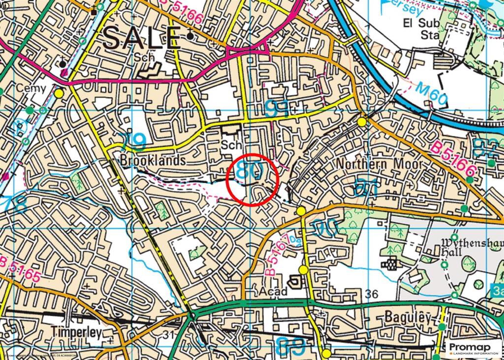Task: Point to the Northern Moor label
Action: click(379, 164)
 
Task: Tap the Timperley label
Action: click(76, 332)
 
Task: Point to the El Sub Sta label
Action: click(421, 29)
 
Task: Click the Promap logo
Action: click(473, 349)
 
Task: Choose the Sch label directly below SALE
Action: click(144, 58)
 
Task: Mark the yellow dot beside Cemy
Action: click(59, 93)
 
